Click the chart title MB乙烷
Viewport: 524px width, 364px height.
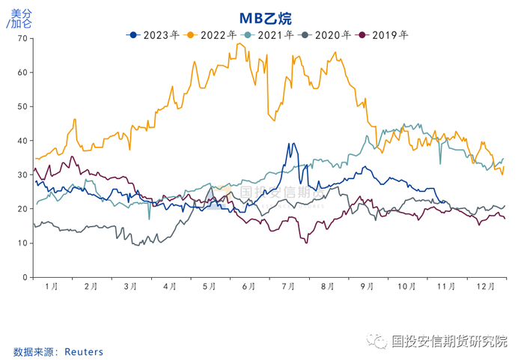coord(266,18)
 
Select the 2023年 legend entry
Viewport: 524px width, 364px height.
coord(154,34)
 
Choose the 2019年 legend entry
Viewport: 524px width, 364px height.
coord(383,34)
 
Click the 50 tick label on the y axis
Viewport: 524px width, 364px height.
coord(22,106)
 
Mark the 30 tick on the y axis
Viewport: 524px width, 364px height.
coord(22,175)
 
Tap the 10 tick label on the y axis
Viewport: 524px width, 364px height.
coord(22,243)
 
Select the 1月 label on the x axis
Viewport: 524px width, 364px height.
coord(52,286)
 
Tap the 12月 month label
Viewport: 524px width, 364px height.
coord(487,286)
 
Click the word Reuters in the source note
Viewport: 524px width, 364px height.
coord(84,351)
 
